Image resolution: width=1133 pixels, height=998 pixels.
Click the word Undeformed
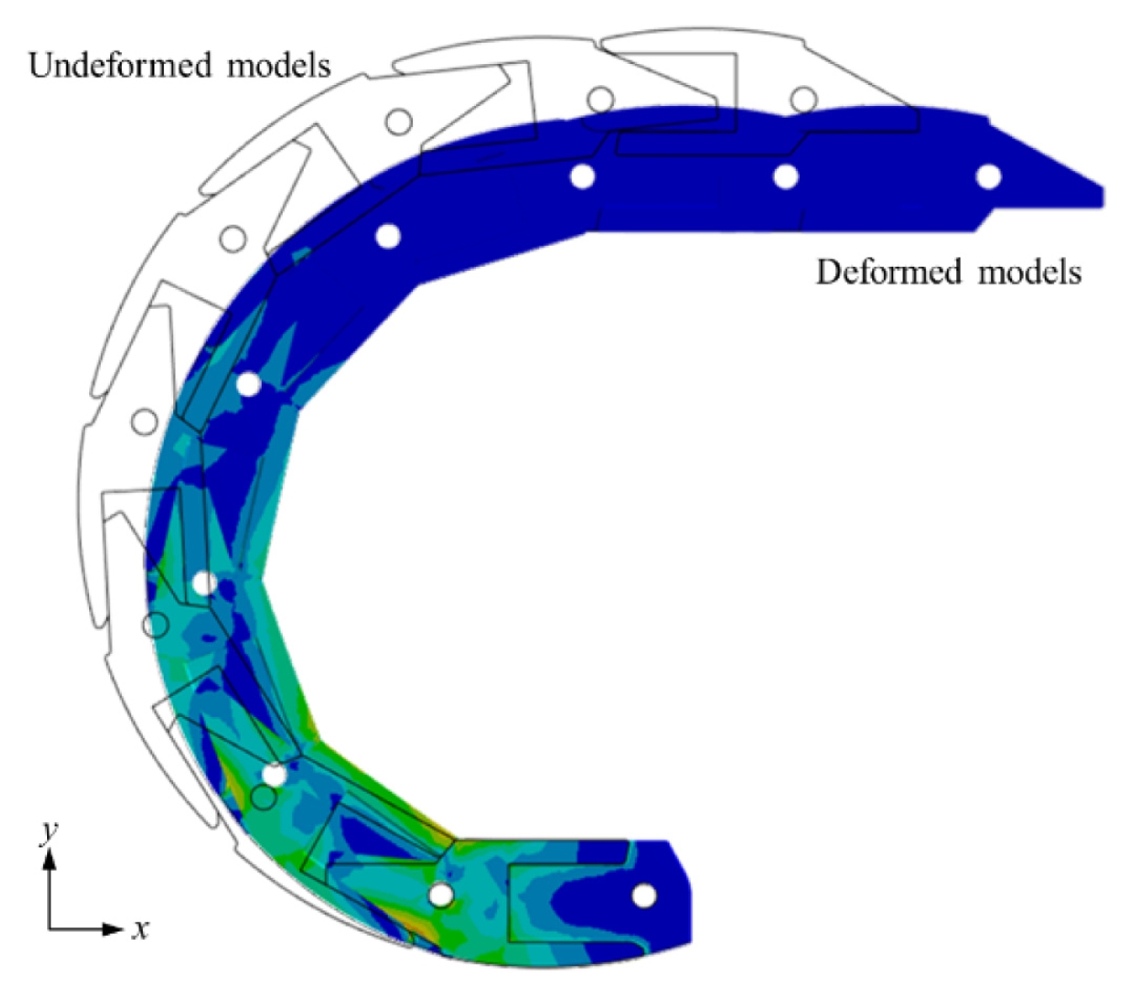point(120,66)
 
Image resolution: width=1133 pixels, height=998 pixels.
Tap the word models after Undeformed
point(279,66)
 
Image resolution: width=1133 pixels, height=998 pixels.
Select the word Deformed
point(890,273)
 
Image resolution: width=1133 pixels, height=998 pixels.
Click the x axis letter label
point(140,929)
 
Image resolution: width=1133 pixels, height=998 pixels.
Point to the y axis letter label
point(50,833)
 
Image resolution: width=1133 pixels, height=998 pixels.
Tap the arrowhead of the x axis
point(114,930)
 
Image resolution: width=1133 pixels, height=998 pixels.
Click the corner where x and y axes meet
point(50,930)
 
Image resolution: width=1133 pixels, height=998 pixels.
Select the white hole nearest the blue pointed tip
point(988,177)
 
